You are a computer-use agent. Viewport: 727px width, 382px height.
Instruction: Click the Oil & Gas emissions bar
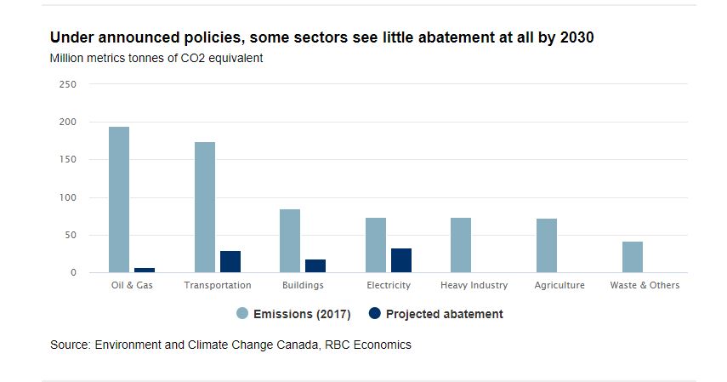(x=119, y=200)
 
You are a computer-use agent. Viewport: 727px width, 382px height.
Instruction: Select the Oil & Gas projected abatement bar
(x=145, y=270)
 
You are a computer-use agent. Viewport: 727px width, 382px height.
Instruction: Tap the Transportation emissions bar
(x=205, y=208)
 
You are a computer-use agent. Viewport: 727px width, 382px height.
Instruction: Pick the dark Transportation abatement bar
(x=230, y=262)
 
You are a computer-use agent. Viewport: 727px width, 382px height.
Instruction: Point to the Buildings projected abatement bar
(x=315, y=266)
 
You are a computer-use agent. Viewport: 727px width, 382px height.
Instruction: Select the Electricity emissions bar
(x=376, y=245)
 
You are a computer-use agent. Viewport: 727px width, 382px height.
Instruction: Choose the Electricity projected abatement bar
(x=401, y=260)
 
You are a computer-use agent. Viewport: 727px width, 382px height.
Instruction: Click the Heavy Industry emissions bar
(x=461, y=245)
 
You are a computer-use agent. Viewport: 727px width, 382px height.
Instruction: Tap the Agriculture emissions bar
(x=547, y=246)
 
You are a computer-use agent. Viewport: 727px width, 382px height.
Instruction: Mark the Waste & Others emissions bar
(x=632, y=257)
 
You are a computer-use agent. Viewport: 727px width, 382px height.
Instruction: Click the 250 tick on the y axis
(x=69, y=84)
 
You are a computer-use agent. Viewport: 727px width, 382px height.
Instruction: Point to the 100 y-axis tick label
(x=69, y=197)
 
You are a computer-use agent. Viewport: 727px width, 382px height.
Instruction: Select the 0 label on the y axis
(x=74, y=273)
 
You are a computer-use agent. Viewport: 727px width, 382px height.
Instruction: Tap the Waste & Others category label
(x=645, y=286)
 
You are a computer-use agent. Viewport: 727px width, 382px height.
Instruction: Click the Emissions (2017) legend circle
(x=242, y=314)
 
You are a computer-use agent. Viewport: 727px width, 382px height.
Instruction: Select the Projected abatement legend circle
(x=375, y=314)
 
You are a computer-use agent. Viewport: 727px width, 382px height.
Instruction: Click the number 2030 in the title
(x=577, y=38)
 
